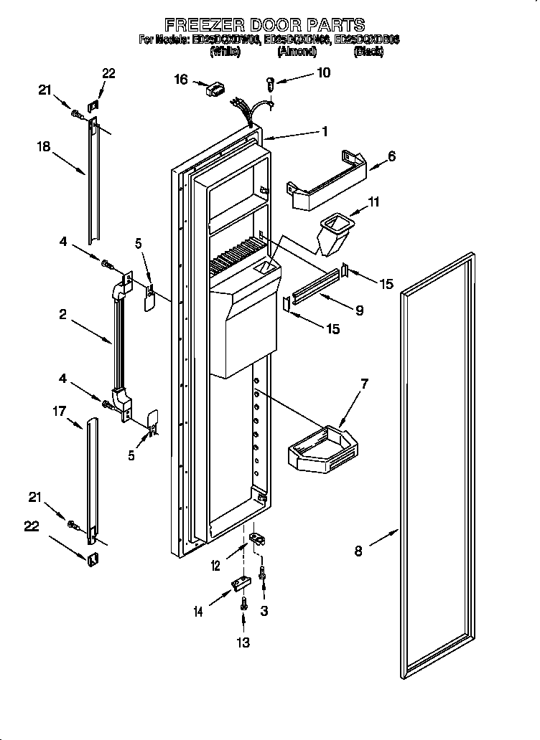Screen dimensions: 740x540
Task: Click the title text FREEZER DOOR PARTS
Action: coord(265,25)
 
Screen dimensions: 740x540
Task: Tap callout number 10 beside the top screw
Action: coord(324,72)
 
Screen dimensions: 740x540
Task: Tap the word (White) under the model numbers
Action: coord(225,52)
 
